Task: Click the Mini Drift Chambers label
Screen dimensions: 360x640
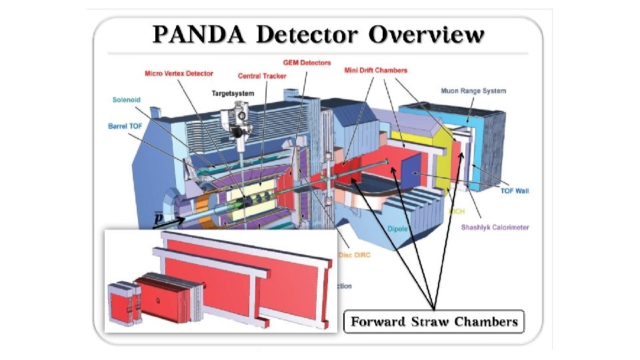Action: (x=375, y=70)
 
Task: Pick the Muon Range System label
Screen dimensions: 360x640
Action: (x=473, y=91)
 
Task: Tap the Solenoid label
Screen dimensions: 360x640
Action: (x=127, y=100)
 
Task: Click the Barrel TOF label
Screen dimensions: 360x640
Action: (x=127, y=125)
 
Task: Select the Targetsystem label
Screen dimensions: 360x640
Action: (x=234, y=93)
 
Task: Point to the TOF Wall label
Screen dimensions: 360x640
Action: (x=514, y=191)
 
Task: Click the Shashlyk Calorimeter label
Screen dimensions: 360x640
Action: (x=495, y=227)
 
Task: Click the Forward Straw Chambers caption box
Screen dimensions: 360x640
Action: (x=434, y=322)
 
